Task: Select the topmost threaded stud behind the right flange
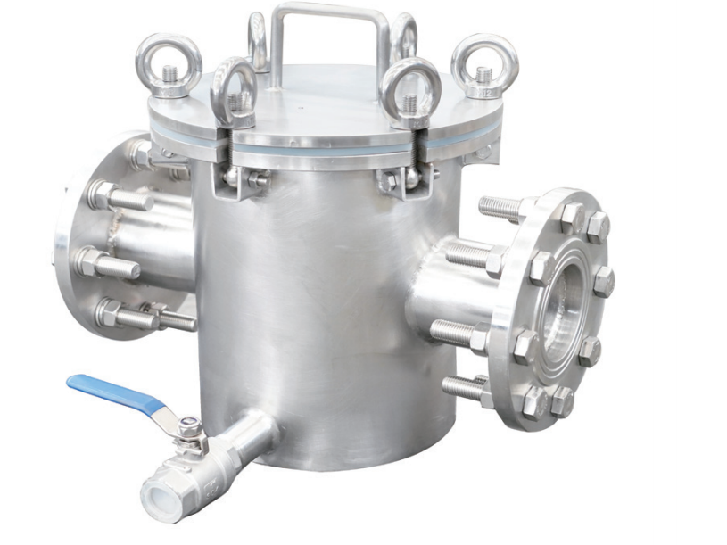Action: (x=505, y=209)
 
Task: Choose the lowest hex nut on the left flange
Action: (x=110, y=312)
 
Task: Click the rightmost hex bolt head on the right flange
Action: (x=604, y=282)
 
